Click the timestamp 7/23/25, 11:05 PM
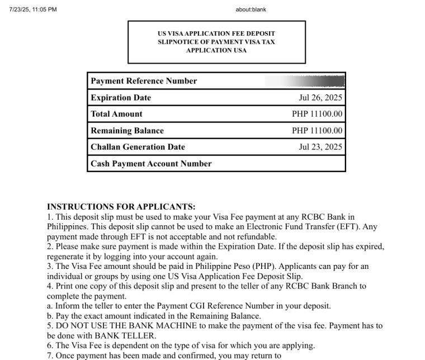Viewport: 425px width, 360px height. [x=34, y=10]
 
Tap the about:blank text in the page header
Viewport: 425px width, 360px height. [x=251, y=10]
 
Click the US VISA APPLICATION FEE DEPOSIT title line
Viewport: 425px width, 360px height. [x=216, y=34]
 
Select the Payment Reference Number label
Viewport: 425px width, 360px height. [x=144, y=81]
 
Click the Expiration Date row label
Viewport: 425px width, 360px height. [x=121, y=98]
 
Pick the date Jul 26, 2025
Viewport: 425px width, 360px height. [x=320, y=98]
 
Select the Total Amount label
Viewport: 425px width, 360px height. [x=116, y=114]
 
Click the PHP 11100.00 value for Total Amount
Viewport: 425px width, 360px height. [x=317, y=114]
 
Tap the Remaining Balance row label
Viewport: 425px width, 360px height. [x=127, y=131]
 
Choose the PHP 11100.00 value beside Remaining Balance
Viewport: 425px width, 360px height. [x=317, y=131]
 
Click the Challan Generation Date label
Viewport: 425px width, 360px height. [x=138, y=147]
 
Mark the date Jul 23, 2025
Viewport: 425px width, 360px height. [x=320, y=147]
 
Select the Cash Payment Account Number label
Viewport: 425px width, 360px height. [x=151, y=164]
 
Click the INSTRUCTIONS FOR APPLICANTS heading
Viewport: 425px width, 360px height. [x=121, y=207]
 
